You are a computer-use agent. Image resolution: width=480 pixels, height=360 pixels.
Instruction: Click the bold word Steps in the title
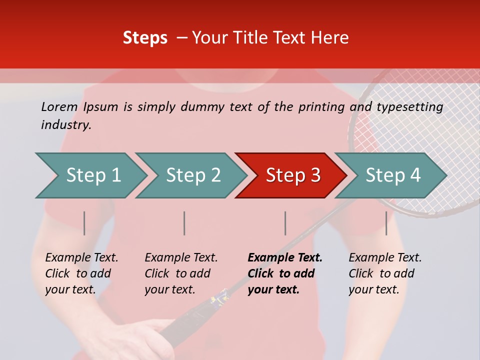point(145,38)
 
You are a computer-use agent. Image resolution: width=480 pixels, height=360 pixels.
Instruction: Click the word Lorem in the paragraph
point(59,107)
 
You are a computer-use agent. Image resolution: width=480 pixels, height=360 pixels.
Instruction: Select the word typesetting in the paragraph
point(409,107)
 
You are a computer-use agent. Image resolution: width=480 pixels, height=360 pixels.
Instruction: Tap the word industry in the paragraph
point(66,125)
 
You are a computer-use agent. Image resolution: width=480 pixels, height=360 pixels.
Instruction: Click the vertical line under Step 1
point(84,223)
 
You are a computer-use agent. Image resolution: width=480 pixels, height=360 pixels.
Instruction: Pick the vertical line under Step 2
point(184,223)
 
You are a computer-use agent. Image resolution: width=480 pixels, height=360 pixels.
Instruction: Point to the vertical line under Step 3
point(285,223)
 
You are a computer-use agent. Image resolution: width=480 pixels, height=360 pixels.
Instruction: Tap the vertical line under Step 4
point(386,223)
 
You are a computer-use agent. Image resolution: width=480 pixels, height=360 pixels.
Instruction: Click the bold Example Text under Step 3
point(285,258)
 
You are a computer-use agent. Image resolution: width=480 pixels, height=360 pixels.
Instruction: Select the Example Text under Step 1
point(81,258)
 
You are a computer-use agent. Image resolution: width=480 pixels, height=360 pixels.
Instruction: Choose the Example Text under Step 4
point(385,258)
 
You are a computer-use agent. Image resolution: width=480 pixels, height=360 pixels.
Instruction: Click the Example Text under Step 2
point(181,258)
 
